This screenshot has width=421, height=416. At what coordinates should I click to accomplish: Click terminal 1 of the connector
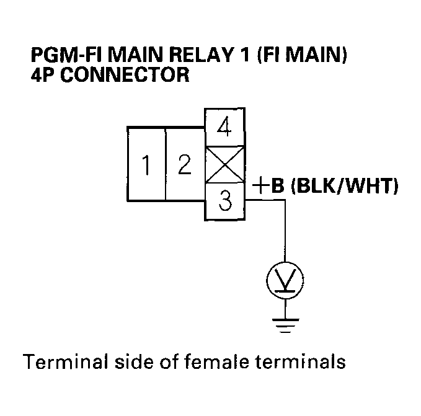(146, 164)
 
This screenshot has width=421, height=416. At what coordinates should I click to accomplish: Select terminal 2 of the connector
(184, 164)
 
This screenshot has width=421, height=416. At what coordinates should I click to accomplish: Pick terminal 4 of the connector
(225, 128)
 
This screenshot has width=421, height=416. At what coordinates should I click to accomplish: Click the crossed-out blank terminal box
(225, 164)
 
